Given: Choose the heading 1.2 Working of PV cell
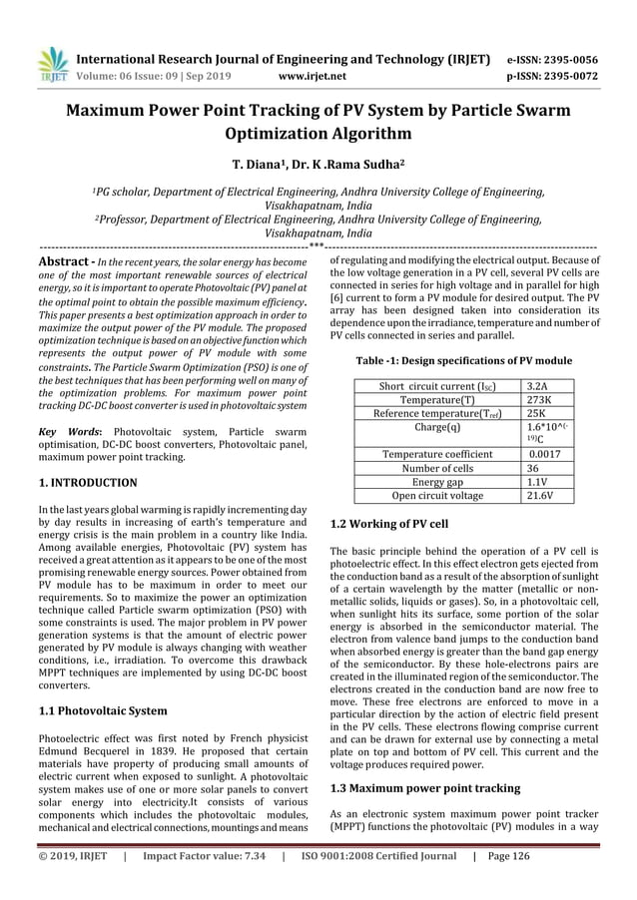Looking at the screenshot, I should click(x=388, y=523).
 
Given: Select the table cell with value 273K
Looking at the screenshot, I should click(x=540, y=399).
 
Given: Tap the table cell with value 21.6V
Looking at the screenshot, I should click(x=541, y=495).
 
